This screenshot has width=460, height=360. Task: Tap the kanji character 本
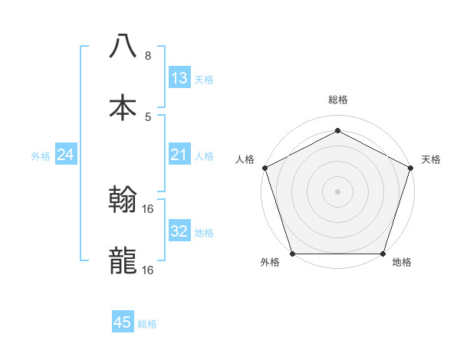point(123,106)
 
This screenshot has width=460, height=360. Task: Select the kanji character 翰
point(123,200)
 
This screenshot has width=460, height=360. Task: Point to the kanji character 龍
point(123,260)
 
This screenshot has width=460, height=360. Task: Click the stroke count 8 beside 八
point(148,56)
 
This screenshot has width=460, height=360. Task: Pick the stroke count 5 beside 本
point(148,116)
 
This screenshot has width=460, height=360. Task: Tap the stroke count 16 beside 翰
point(149,209)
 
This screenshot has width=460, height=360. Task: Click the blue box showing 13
point(179,78)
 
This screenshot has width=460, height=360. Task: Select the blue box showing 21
point(179,155)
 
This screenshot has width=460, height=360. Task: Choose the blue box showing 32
point(179,231)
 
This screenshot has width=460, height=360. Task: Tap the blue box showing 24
point(66,155)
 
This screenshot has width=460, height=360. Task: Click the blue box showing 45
point(123,322)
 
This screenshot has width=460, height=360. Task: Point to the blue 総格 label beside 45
point(148,324)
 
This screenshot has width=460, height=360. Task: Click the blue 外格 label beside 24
point(41,156)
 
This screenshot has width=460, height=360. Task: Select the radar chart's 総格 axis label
point(338,100)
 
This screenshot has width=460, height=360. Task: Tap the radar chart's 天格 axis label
point(431,159)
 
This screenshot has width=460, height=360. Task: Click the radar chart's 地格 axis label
point(402,262)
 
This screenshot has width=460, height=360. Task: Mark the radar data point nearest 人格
point(264,167)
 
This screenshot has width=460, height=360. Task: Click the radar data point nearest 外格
point(293,254)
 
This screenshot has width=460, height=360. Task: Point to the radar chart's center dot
point(338,191)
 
